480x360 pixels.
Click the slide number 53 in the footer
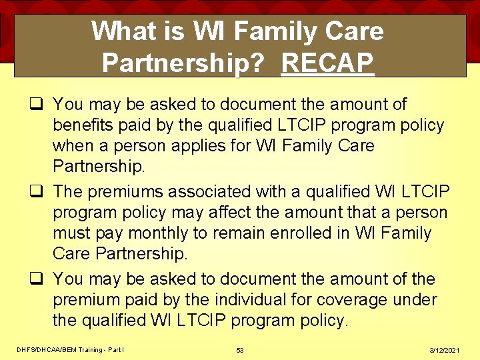240,350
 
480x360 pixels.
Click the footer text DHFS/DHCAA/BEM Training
60,350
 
